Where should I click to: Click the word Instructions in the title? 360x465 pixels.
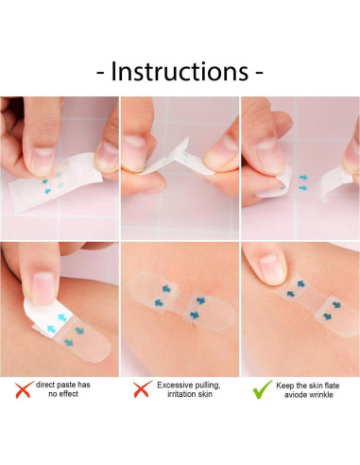(180, 71)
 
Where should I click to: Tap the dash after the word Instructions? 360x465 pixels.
(259, 72)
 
